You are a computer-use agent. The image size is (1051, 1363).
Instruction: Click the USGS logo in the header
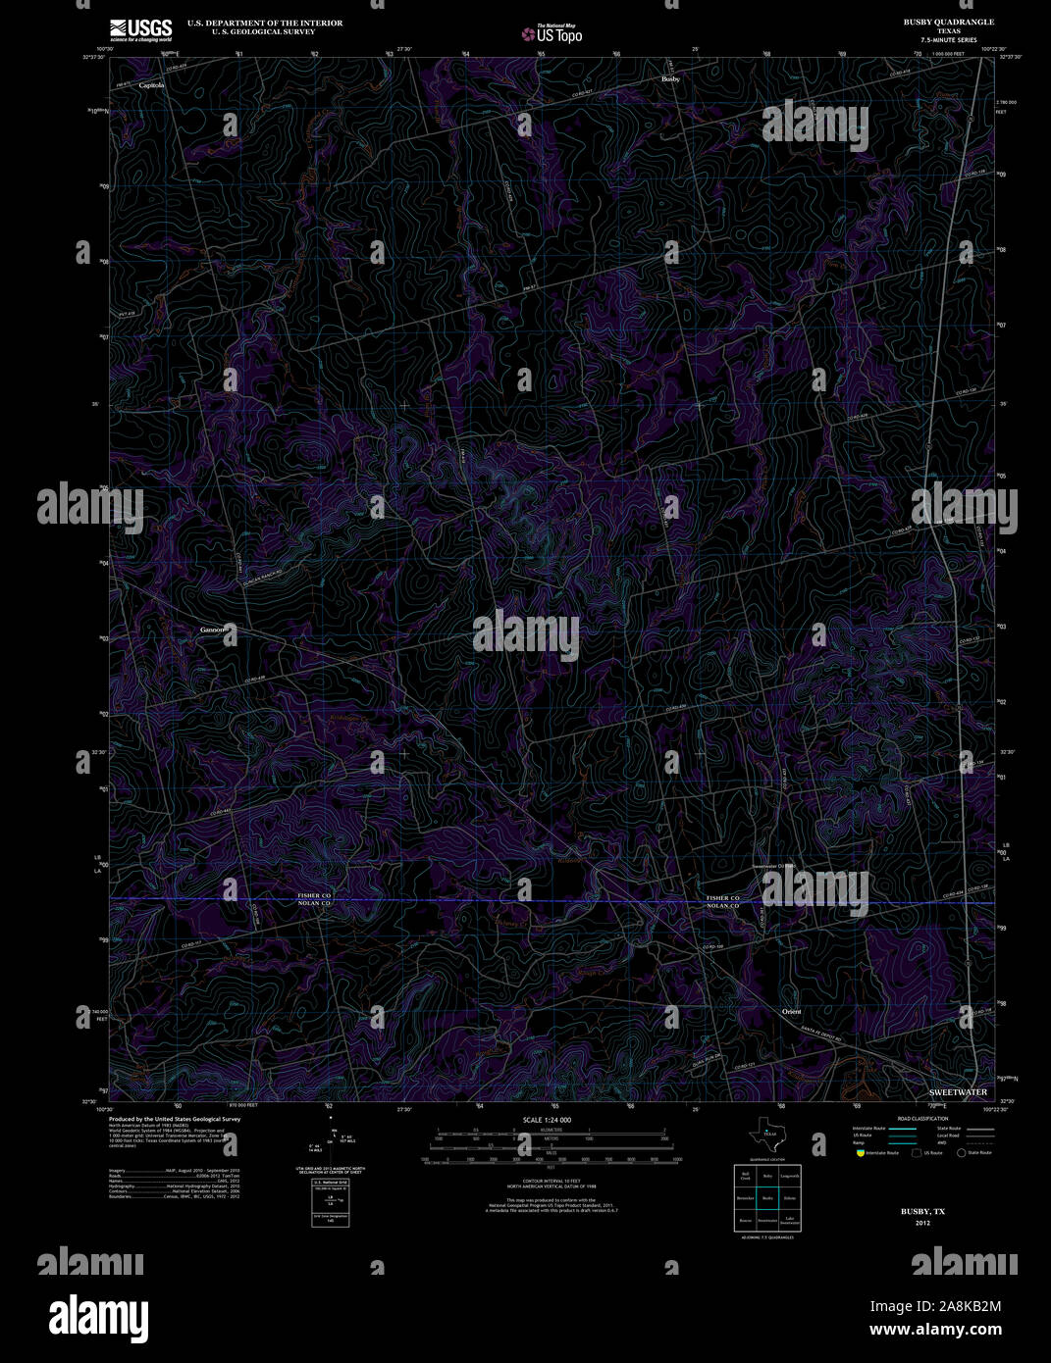click(x=141, y=29)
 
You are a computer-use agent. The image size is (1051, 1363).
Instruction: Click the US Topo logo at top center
click(x=552, y=34)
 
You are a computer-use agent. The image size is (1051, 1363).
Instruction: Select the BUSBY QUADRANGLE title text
click(x=948, y=22)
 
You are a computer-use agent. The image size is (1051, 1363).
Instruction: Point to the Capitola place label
click(x=152, y=85)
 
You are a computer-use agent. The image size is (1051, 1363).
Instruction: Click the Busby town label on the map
click(x=670, y=78)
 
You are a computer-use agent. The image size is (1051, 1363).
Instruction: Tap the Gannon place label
click(x=213, y=630)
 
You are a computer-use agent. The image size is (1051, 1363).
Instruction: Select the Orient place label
click(x=791, y=1012)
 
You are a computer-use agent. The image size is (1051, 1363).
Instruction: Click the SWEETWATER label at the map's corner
click(x=958, y=1091)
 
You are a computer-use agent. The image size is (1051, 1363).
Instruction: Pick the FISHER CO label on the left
click(x=315, y=895)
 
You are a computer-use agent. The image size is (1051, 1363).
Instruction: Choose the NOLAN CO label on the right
click(x=723, y=906)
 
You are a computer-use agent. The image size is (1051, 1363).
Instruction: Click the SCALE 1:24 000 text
click(x=547, y=1120)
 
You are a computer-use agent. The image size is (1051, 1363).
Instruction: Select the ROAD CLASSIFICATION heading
click(x=922, y=1119)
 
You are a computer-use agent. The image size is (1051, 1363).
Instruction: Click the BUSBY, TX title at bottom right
click(x=922, y=1212)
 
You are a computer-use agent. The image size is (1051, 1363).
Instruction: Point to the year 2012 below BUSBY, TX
click(x=922, y=1223)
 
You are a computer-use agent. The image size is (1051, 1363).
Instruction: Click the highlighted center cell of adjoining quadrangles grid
click(x=767, y=1197)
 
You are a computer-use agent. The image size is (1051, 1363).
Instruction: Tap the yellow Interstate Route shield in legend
click(x=861, y=1153)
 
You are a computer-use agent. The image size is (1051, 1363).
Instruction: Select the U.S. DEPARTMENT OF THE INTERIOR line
click(x=265, y=23)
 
